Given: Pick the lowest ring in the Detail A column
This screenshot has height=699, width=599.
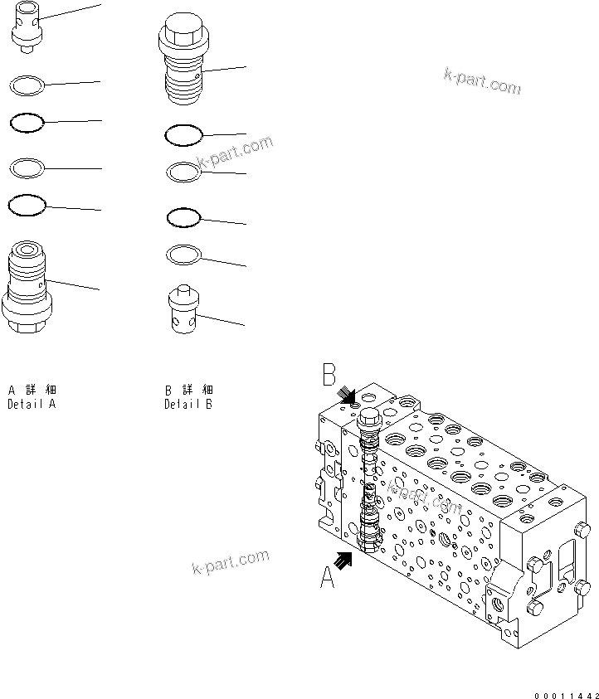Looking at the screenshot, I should tap(26, 204).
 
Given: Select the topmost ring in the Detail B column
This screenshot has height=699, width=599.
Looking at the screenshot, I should tap(183, 133).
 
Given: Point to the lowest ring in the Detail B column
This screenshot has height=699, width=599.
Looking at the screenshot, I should tap(183, 253).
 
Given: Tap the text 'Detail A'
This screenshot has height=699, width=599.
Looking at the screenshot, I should tap(32, 405).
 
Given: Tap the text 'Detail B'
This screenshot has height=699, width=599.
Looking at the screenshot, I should tap(188, 405).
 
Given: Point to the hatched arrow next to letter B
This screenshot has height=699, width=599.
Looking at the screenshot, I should tap(349, 396).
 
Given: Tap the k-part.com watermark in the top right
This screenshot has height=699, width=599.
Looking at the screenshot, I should tap(482, 81).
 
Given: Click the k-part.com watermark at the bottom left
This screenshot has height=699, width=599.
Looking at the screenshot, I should tap(231, 565).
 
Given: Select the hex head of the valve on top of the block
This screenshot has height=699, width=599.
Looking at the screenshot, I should tap(368, 417).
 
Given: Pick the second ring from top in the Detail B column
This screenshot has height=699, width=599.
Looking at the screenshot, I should tap(183, 172).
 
